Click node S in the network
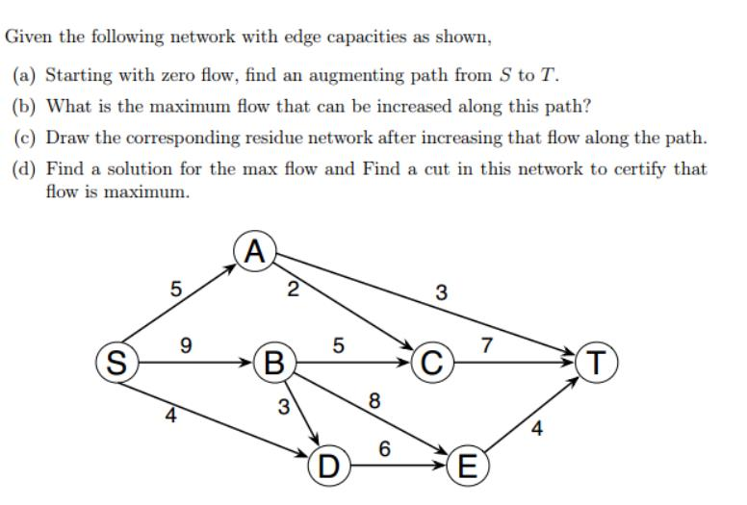click(115, 364)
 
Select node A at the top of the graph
click(254, 253)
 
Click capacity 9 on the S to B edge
click(186, 343)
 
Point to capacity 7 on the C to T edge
click(487, 343)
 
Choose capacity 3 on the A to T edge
click(440, 291)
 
